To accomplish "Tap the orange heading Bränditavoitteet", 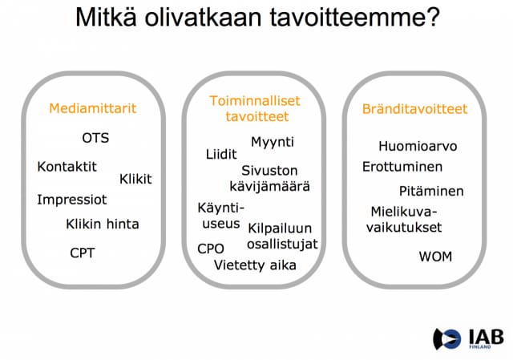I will (414, 109).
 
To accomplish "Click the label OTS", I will (95, 138).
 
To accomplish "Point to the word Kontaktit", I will (67, 167).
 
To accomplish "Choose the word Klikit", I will (135, 179).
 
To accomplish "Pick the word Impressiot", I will (71, 199).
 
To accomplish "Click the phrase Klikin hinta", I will (102, 224).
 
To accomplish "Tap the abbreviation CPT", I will (82, 253).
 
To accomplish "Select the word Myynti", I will (273, 142).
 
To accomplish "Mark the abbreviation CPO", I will (211, 249).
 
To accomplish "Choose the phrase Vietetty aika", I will (255, 265).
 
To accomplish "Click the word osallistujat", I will (282, 244).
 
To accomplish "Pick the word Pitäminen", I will (431, 191).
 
